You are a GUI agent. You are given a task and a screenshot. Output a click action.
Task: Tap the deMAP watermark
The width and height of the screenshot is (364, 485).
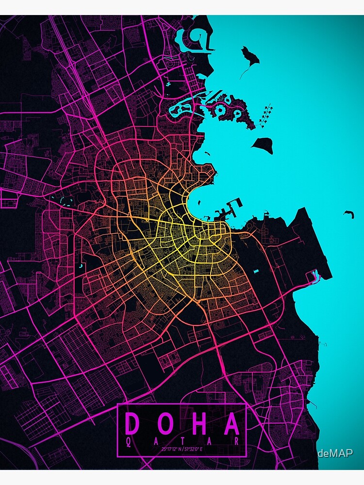click(335, 453)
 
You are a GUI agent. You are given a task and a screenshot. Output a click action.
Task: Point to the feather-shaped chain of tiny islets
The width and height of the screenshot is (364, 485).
click(266, 114)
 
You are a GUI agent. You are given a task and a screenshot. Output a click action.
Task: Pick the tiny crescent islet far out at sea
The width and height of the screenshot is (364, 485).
click(348, 213)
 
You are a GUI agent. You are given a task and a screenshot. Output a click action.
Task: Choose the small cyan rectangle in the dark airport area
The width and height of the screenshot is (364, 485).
click(256, 271)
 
